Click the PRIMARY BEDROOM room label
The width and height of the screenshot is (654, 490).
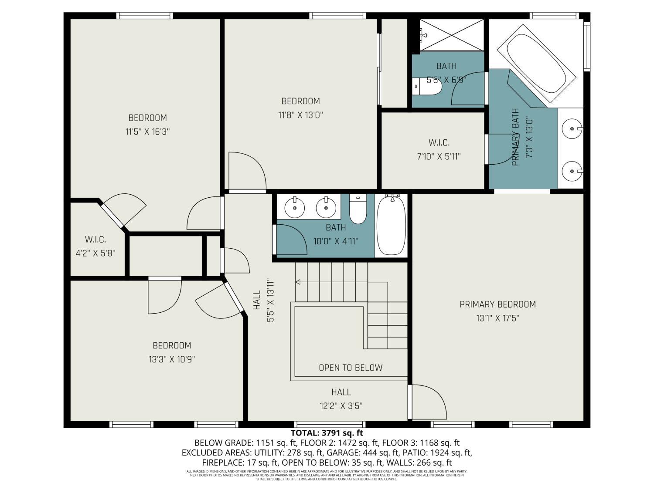(497, 304)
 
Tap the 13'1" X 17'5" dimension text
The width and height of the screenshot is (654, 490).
(497, 318)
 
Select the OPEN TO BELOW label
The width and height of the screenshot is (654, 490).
(351, 368)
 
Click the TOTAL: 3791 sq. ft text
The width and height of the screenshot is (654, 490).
(327, 433)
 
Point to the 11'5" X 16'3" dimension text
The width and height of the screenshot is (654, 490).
(147, 132)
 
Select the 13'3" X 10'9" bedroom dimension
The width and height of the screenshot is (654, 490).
(172, 359)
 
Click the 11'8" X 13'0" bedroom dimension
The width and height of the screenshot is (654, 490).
(300, 115)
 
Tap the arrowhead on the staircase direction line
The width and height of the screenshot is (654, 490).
(298, 282)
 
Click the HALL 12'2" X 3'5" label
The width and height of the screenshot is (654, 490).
(341, 399)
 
